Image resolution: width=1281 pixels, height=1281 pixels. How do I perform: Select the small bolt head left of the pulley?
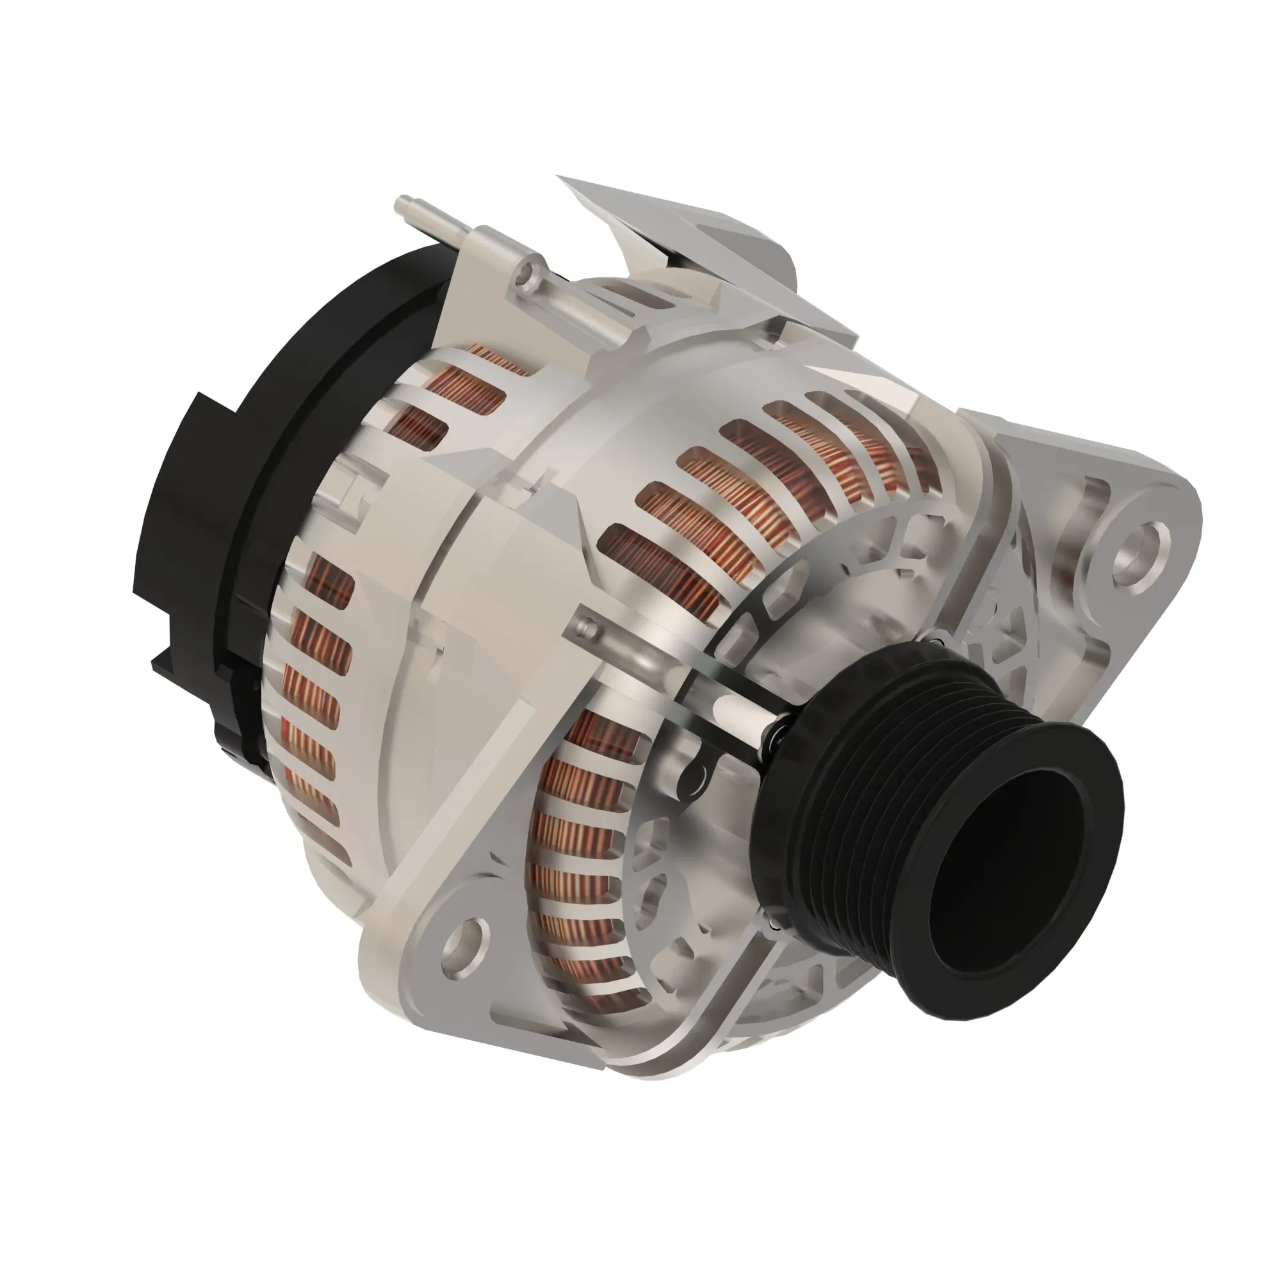point(583,624)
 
